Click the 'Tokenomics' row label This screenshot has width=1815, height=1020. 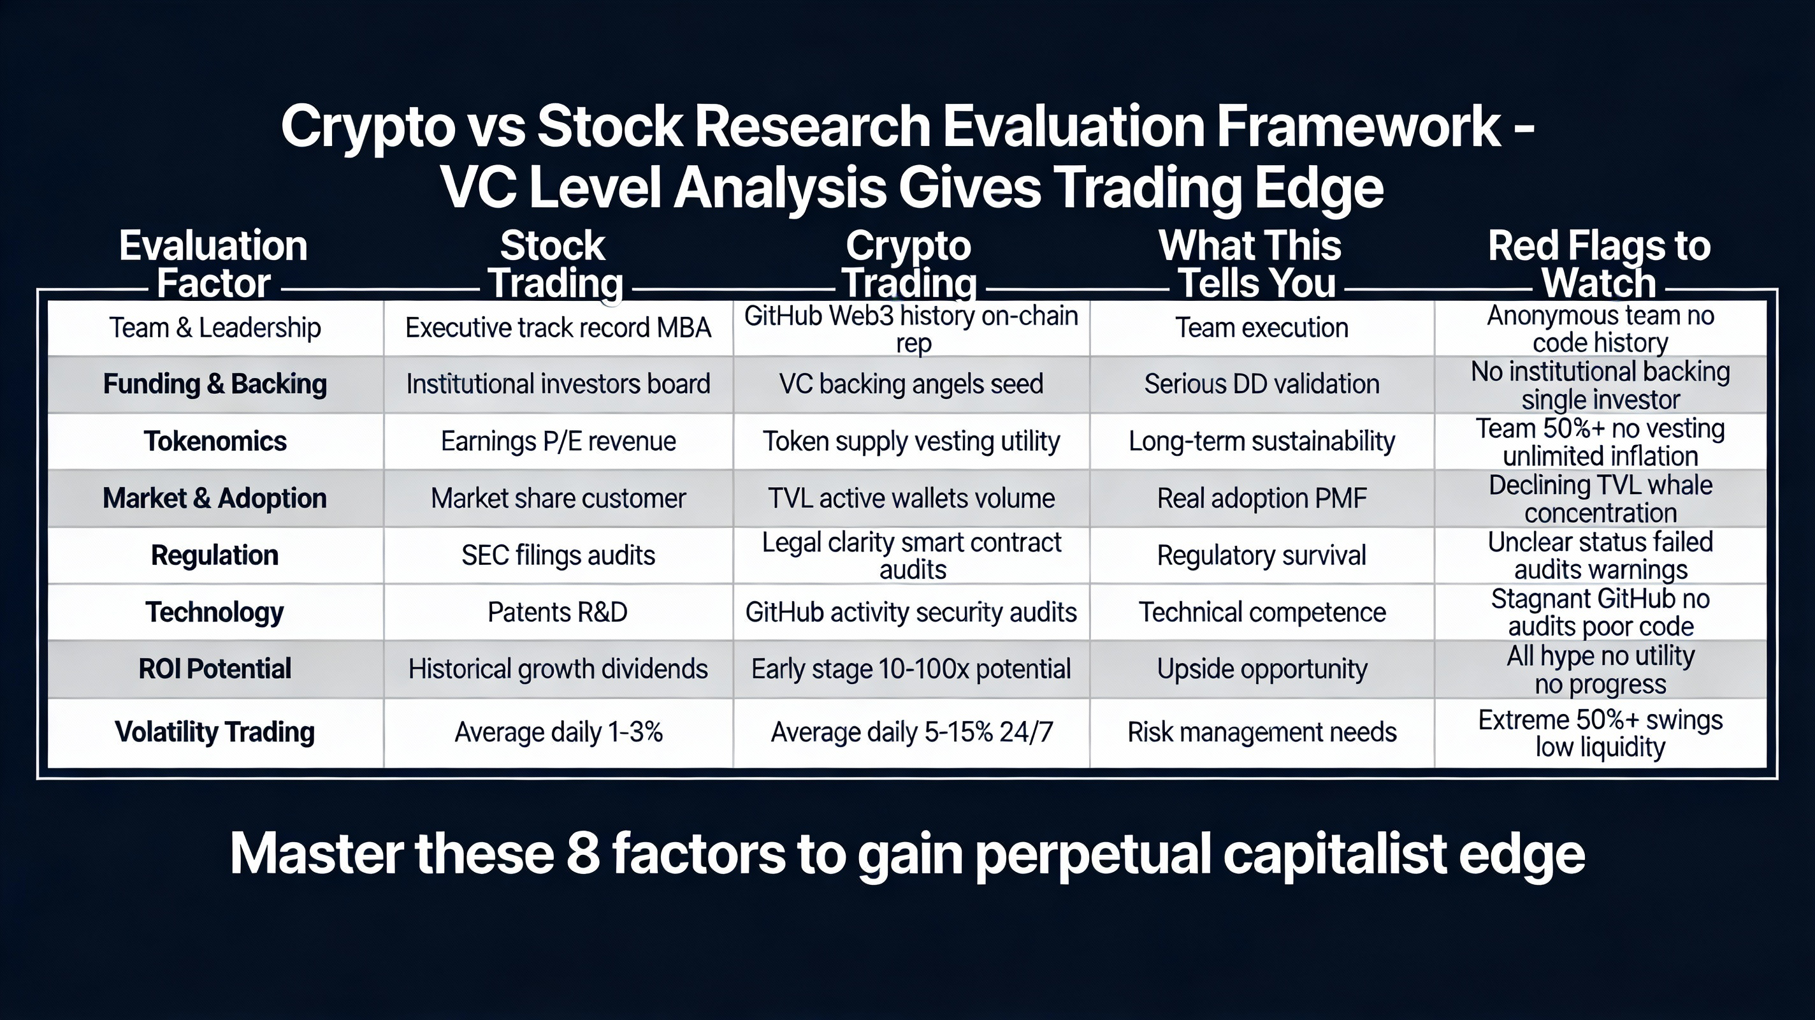pyautogui.click(x=215, y=441)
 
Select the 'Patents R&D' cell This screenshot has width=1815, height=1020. pyautogui.click(x=558, y=612)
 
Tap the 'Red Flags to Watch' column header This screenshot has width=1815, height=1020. pyautogui.click(x=1599, y=265)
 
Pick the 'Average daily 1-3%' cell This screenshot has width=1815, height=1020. pyautogui.click(x=558, y=732)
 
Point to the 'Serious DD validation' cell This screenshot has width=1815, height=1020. pyautogui.click(x=1261, y=384)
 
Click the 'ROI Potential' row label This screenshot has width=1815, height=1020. pyautogui.click(x=215, y=668)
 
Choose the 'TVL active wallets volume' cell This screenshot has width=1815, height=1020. pyautogui.click(x=911, y=499)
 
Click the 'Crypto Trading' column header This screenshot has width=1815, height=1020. pyautogui.click(x=909, y=265)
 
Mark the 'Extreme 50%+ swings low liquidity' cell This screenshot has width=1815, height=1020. pyautogui.click(x=1600, y=733)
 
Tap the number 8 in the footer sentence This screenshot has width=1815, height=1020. pyautogui.click(x=582, y=854)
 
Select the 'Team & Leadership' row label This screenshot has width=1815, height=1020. pyautogui.click(x=215, y=328)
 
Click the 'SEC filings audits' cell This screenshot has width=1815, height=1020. pyautogui.click(x=558, y=555)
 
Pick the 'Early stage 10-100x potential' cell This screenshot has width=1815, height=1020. pyautogui.click(x=911, y=668)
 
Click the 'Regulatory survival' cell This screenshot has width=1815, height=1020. pyautogui.click(x=1261, y=555)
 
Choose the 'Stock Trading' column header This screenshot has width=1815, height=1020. pyautogui.click(x=554, y=265)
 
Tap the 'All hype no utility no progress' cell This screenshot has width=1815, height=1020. pyautogui.click(x=1600, y=669)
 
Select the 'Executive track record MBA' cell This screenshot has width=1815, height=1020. pyautogui.click(x=558, y=328)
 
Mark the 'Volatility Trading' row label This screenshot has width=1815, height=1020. pyautogui.click(x=215, y=732)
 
